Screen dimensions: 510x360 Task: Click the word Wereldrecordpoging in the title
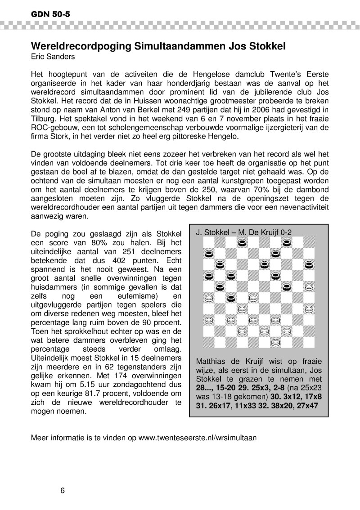coord(79,46)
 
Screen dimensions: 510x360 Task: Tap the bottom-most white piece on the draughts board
coord(275,343)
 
